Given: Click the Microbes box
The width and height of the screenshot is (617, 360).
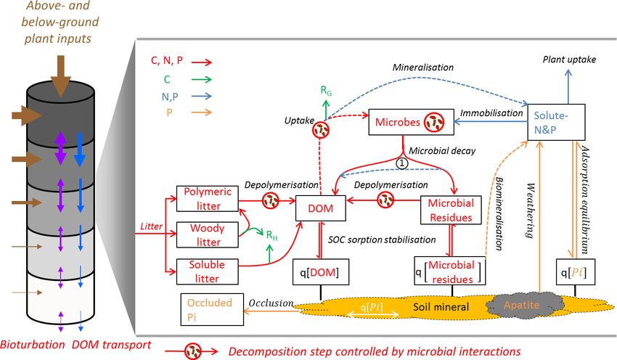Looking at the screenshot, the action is [411, 123].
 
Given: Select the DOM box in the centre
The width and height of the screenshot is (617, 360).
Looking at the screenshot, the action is [321, 208].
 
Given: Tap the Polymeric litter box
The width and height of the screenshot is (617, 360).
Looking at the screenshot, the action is [208, 199].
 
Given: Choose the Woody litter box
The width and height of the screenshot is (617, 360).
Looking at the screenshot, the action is [208, 235].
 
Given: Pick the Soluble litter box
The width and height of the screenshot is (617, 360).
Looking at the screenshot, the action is [208, 271].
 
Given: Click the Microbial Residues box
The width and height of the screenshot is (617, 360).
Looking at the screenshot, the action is [451, 210].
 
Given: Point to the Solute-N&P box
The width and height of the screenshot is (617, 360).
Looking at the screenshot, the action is [557, 122].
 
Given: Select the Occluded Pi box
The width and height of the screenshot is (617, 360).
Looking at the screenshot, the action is [212, 309].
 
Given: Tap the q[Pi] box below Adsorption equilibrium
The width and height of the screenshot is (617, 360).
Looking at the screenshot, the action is [576, 272].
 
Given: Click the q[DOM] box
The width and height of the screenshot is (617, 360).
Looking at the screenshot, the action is [321, 272].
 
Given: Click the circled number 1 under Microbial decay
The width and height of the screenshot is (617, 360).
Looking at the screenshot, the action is [401, 163].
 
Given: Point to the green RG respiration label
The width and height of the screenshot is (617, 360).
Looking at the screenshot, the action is [326, 91].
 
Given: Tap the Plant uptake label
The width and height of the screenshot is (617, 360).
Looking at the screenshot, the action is [569, 60].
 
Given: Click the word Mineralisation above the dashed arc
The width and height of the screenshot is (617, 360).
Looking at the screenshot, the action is [423, 67].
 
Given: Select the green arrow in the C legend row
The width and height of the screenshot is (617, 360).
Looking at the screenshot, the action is [202, 79].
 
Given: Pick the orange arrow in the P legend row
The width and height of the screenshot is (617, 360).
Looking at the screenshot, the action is [202, 112].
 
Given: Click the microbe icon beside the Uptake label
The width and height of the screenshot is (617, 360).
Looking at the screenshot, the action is [321, 130].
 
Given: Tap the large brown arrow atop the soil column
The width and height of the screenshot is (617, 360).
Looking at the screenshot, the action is [60, 76].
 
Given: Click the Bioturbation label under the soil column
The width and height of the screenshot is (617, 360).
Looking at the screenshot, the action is [32, 345].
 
